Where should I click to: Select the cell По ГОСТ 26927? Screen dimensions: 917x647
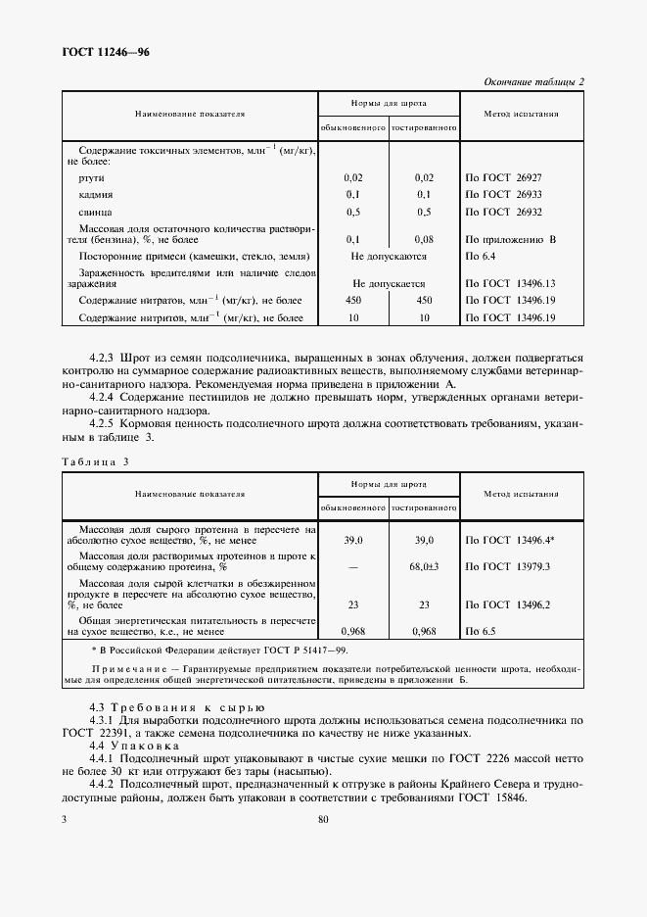click(x=510, y=177)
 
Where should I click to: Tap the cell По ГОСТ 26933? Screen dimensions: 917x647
click(x=510, y=195)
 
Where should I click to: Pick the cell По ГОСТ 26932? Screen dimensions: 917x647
click(x=510, y=212)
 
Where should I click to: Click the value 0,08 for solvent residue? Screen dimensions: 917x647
click(x=424, y=238)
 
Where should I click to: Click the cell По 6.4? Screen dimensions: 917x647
click(x=483, y=256)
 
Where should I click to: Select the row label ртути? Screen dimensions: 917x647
click(x=93, y=177)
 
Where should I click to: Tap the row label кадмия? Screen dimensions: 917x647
click(x=97, y=195)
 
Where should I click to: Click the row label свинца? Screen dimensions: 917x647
click(x=96, y=212)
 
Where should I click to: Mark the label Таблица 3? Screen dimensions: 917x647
click(x=95, y=460)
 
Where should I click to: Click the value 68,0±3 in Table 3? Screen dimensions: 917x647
click(x=424, y=566)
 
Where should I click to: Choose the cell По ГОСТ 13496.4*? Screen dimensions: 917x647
click(x=512, y=540)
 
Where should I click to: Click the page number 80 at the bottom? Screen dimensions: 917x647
click(x=323, y=820)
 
